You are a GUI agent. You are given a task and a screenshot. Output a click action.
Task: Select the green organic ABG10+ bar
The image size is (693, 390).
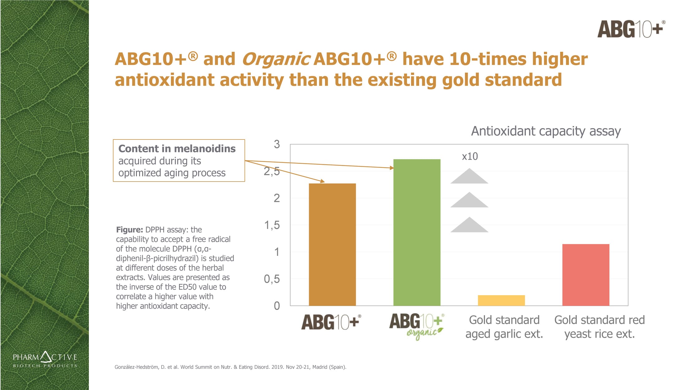pyautogui.click(x=417, y=232)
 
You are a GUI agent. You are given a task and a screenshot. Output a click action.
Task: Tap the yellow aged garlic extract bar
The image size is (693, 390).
pyautogui.click(x=501, y=300)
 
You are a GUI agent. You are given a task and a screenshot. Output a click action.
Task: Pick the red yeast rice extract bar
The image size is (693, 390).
pyautogui.click(x=585, y=275)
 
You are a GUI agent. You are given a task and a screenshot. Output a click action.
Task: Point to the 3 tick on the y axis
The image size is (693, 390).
pyautogui.click(x=277, y=144)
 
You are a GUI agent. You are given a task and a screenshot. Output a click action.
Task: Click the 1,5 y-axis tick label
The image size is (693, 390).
pyautogui.click(x=272, y=225)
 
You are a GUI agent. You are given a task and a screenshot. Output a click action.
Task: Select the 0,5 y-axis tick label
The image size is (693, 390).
pyautogui.click(x=272, y=279)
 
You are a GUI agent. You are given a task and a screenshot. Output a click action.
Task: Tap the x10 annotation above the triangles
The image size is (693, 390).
pyautogui.click(x=470, y=156)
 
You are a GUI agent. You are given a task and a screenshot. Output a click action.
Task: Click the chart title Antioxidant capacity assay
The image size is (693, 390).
pyautogui.click(x=545, y=131)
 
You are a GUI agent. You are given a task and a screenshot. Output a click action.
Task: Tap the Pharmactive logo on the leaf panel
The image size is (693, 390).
pyautogui.click(x=45, y=360)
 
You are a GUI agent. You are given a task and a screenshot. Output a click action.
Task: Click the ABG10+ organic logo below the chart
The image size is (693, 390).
pyautogui.click(x=417, y=326)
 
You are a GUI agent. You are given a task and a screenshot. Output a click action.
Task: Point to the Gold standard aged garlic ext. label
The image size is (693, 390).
pyautogui.click(x=504, y=327)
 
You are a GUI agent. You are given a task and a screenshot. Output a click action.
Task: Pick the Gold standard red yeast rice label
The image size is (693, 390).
pyautogui.click(x=599, y=327)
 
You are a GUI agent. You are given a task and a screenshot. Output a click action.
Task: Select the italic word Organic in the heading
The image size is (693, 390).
pyautogui.click(x=275, y=59)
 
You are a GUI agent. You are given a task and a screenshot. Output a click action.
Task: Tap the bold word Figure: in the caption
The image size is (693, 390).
pyautogui.click(x=129, y=230)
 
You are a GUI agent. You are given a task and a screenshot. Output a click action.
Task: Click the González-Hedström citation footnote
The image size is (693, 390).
pyautogui.click(x=230, y=367)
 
